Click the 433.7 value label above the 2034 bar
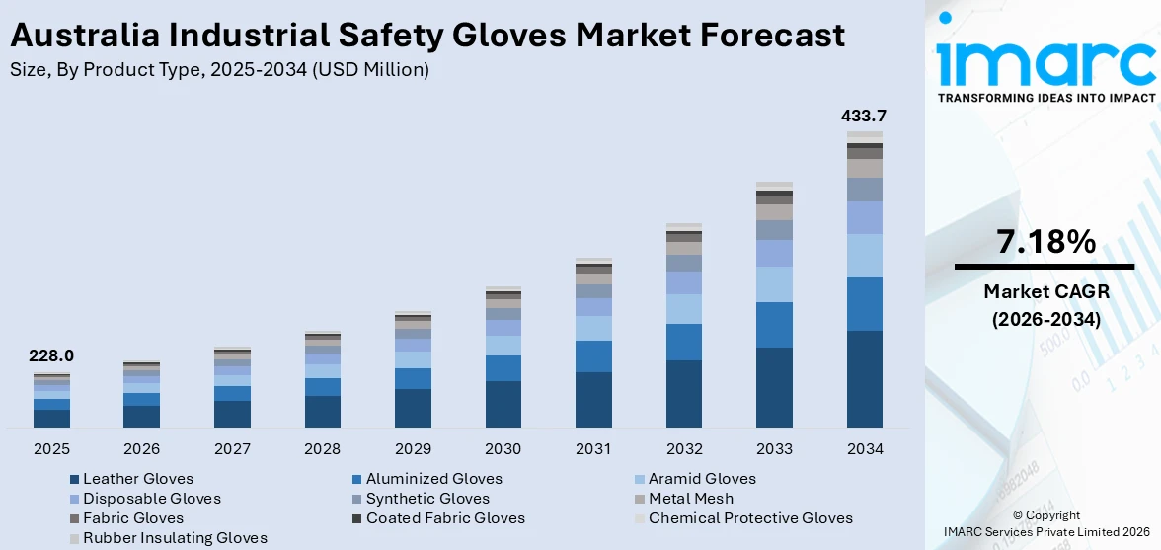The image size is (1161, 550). [x=864, y=116]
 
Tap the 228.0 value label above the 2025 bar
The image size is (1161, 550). [x=51, y=356]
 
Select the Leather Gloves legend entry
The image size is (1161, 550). [x=138, y=479]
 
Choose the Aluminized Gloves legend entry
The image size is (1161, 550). [x=433, y=479]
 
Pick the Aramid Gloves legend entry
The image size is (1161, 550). [x=702, y=479]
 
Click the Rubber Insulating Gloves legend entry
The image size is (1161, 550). [x=175, y=538]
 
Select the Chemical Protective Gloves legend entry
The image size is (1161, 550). [x=750, y=518]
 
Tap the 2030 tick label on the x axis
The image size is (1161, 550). [x=503, y=449]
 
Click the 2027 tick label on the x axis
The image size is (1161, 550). [x=232, y=449]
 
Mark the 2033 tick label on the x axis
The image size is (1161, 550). [x=774, y=449]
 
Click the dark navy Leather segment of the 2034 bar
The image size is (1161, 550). [x=865, y=379]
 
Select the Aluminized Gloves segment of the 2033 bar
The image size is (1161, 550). [x=774, y=325]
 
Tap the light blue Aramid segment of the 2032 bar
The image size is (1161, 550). [x=684, y=309]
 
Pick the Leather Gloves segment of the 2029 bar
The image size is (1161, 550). [x=413, y=408]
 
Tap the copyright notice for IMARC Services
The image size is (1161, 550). [x=1045, y=523]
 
